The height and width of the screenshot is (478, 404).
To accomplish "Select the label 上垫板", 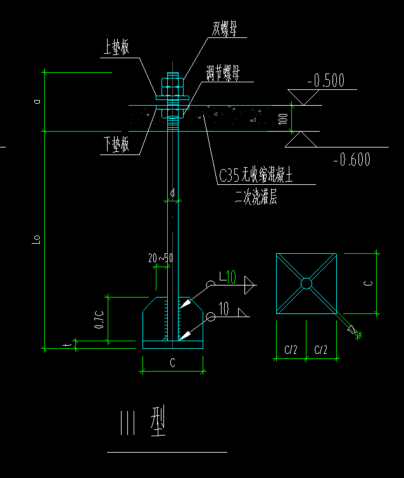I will coord(116,48).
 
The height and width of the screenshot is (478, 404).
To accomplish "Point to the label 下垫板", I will coord(116,144).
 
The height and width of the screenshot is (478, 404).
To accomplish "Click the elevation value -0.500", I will coord(325,80).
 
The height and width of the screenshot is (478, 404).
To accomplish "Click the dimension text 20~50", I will coord(161,258).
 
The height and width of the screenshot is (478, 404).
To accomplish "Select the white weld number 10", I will coord(223,309).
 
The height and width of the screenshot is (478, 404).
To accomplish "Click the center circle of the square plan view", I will coord(306,284).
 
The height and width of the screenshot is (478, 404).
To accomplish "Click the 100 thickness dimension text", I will coord(283,118).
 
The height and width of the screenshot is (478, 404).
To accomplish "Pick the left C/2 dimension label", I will coord(291,349).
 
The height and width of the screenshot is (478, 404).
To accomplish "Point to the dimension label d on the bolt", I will coord(172,192).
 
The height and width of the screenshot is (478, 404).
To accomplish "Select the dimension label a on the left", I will coord(37,101).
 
